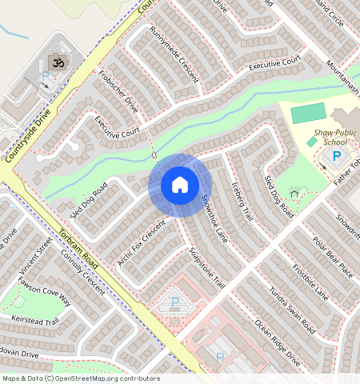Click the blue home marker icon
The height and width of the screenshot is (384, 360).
point(180,185)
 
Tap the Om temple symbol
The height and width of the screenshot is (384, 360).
point(57,62)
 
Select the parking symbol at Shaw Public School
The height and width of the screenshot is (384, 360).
point(336,157)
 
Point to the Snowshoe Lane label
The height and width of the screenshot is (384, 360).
point(214,218)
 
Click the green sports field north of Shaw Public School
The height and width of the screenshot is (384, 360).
point(308,112)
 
